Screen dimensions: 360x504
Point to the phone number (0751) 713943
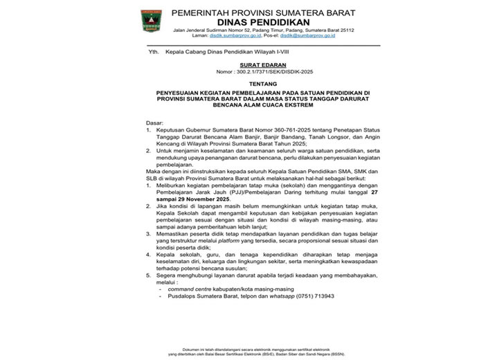pos(316,296)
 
